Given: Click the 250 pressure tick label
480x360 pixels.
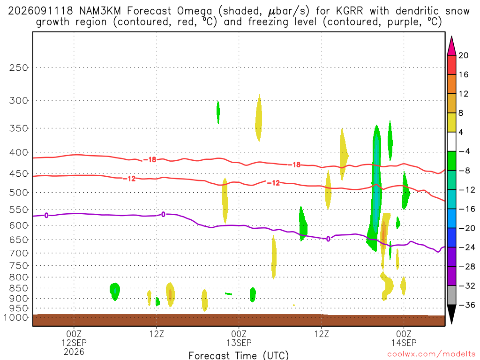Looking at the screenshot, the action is click(19, 67).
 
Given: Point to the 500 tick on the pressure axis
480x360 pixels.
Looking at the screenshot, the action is click(19, 193).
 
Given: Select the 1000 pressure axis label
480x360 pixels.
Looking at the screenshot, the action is click(16, 317).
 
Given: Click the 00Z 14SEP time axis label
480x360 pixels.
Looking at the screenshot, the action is click(404, 338).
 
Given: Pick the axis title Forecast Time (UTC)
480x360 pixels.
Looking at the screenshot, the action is click(239, 355).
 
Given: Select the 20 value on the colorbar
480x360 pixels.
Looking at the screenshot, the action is click(463, 55).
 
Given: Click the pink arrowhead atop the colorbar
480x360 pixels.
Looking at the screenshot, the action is click(451, 46).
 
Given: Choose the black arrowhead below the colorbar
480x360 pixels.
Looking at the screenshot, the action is click(451, 314).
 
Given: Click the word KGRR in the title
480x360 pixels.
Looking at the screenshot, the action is click(349, 11).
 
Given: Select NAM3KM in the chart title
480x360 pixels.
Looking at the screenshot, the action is click(100, 11).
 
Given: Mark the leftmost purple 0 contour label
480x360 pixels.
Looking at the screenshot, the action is click(46, 215).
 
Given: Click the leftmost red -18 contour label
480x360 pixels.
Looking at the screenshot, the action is click(150, 159).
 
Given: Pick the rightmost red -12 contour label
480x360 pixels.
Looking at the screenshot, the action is click(273, 183).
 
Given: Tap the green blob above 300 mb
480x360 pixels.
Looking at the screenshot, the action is click(218, 112).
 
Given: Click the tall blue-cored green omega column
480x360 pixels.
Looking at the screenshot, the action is click(375, 188).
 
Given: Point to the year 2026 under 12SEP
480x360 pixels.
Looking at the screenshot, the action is click(74, 352).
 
